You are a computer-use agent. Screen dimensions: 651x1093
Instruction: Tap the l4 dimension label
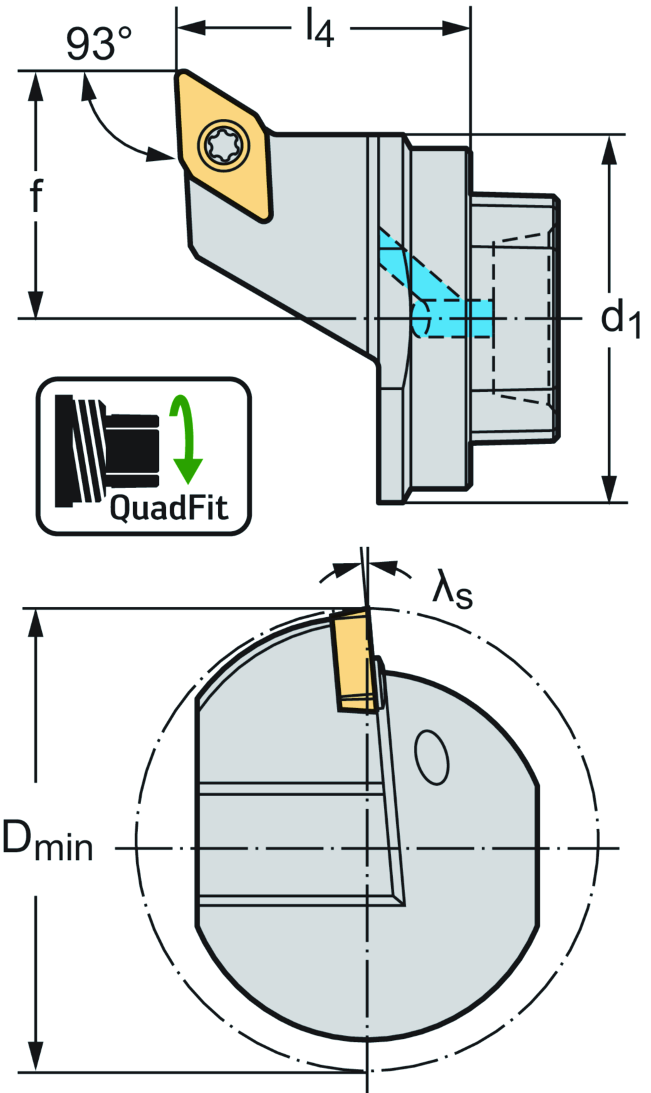click(x=319, y=30)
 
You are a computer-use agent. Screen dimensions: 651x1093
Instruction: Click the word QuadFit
click(x=168, y=508)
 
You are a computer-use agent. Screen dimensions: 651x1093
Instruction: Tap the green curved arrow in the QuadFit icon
click(x=186, y=439)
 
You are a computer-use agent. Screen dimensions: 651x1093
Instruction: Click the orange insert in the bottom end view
click(x=353, y=659)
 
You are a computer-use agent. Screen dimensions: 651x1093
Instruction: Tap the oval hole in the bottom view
click(x=432, y=757)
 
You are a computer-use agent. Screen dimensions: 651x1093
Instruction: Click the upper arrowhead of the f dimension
click(x=36, y=86)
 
